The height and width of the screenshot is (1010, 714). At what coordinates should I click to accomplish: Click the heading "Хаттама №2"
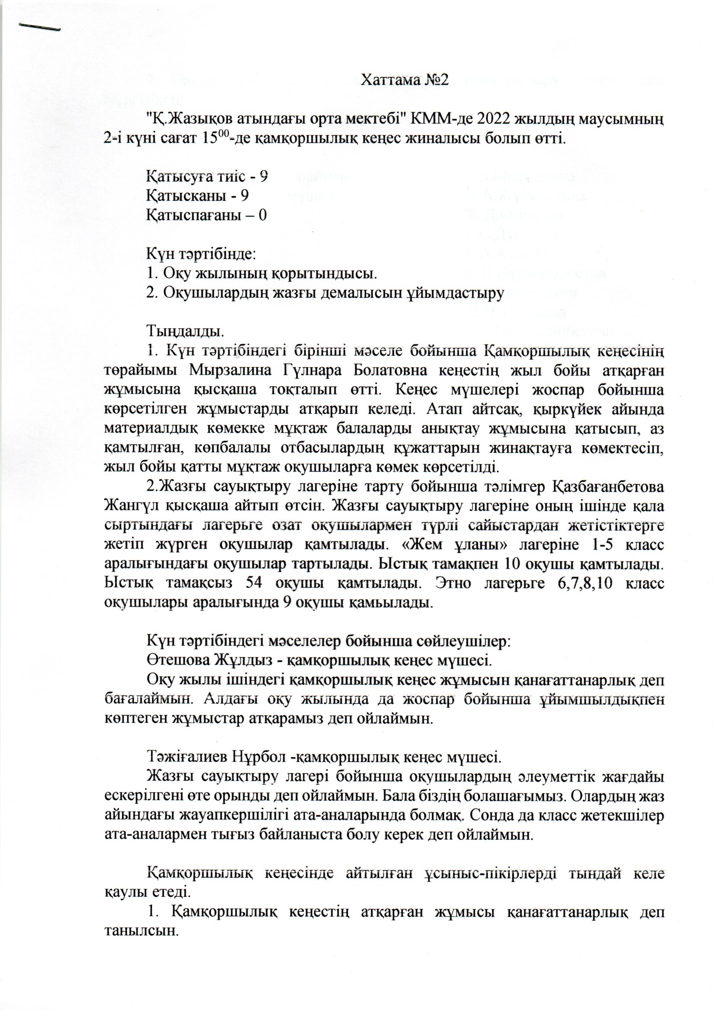point(404,80)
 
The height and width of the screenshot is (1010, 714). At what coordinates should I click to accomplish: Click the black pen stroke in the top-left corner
point(40,27)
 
